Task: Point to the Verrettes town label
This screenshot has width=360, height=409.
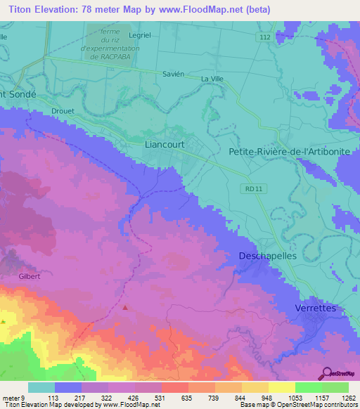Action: tap(316, 309)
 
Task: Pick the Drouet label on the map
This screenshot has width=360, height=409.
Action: tap(63, 111)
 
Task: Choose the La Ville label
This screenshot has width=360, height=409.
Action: tap(212, 79)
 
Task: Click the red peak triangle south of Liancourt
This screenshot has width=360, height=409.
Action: tap(125, 307)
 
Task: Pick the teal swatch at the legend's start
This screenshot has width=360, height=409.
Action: tap(41, 387)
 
